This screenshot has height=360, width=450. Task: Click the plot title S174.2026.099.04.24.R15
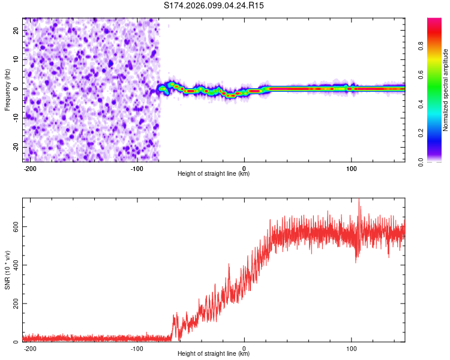tap(214, 5)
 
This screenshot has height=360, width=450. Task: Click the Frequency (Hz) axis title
tap(7, 90)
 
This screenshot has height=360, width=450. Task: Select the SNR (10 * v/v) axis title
tap(7, 270)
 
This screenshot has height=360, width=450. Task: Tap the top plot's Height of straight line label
tap(214, 174)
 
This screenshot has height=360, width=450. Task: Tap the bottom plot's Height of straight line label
tap(214, 354)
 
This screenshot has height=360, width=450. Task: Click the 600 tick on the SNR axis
tap(14, 226)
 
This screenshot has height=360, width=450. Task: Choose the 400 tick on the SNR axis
tap(14, 265)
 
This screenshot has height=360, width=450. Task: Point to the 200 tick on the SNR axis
tap(14, 304)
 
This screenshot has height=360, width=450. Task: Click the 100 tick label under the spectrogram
tap(352, 167)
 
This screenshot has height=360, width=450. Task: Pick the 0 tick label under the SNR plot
tap(244, 347)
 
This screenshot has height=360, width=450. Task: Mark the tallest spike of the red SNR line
tap(359, 200)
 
